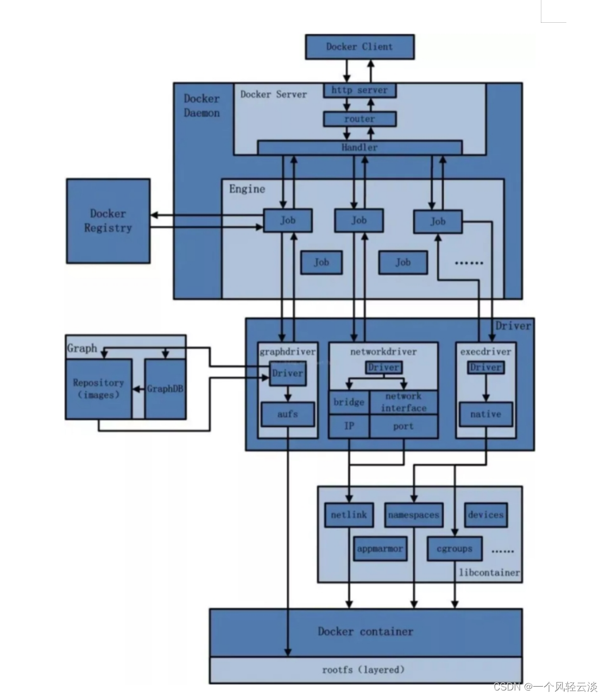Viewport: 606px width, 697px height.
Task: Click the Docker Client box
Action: point(359,47)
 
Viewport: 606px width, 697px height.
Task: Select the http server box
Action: point(359,90)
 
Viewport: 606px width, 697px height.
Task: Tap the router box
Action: point(359,119)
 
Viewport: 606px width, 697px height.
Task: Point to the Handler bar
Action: point(359,147)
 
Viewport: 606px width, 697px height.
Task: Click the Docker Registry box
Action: point(108,221)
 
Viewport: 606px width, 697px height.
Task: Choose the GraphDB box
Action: point(165,389)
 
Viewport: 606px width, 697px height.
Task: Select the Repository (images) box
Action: point(98,389)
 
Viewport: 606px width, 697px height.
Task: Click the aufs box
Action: point(288,414)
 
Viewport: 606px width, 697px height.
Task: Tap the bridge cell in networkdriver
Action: point(349,402)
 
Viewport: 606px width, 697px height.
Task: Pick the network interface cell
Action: point(403,402)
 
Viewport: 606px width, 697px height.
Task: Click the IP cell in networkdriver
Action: point(349,427)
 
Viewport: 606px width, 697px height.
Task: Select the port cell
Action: point(403,427)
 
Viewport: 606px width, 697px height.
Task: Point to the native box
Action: point(485,414)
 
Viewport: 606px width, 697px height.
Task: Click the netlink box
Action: point(349,515)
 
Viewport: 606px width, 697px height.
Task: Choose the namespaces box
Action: point(413,515)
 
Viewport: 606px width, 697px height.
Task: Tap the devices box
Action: point(485,515)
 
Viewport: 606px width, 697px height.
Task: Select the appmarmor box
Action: point(380,549)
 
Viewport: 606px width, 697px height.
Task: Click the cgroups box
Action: point(454,549)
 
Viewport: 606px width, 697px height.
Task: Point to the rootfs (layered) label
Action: point(363,670)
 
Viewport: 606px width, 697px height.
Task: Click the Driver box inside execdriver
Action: point(485,367)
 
